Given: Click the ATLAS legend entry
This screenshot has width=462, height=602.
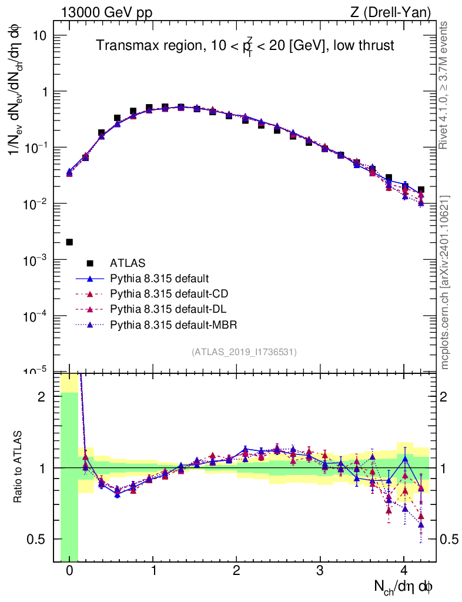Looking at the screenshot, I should (x=128, y=263).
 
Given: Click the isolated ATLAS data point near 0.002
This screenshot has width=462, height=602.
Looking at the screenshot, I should (x=69, y=242).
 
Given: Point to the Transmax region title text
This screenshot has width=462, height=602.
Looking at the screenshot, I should (x=245, y=46).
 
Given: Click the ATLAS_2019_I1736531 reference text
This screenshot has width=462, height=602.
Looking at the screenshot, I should (x=244, y=352).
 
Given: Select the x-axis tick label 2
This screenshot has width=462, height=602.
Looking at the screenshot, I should (x=236, y=570).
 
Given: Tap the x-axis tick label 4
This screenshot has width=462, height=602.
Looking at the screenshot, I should (x=404, y=570).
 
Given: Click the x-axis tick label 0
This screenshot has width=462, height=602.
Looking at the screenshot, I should (x=69, y=570).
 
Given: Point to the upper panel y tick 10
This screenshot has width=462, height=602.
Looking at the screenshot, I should (x=38, y=36).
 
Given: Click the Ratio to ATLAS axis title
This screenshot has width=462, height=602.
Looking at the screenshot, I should (x=19, y=467).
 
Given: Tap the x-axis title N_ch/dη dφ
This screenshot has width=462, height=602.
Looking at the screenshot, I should (x=404, y=587).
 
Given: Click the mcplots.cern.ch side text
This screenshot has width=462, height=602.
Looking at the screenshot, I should (x=445, y=282).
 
